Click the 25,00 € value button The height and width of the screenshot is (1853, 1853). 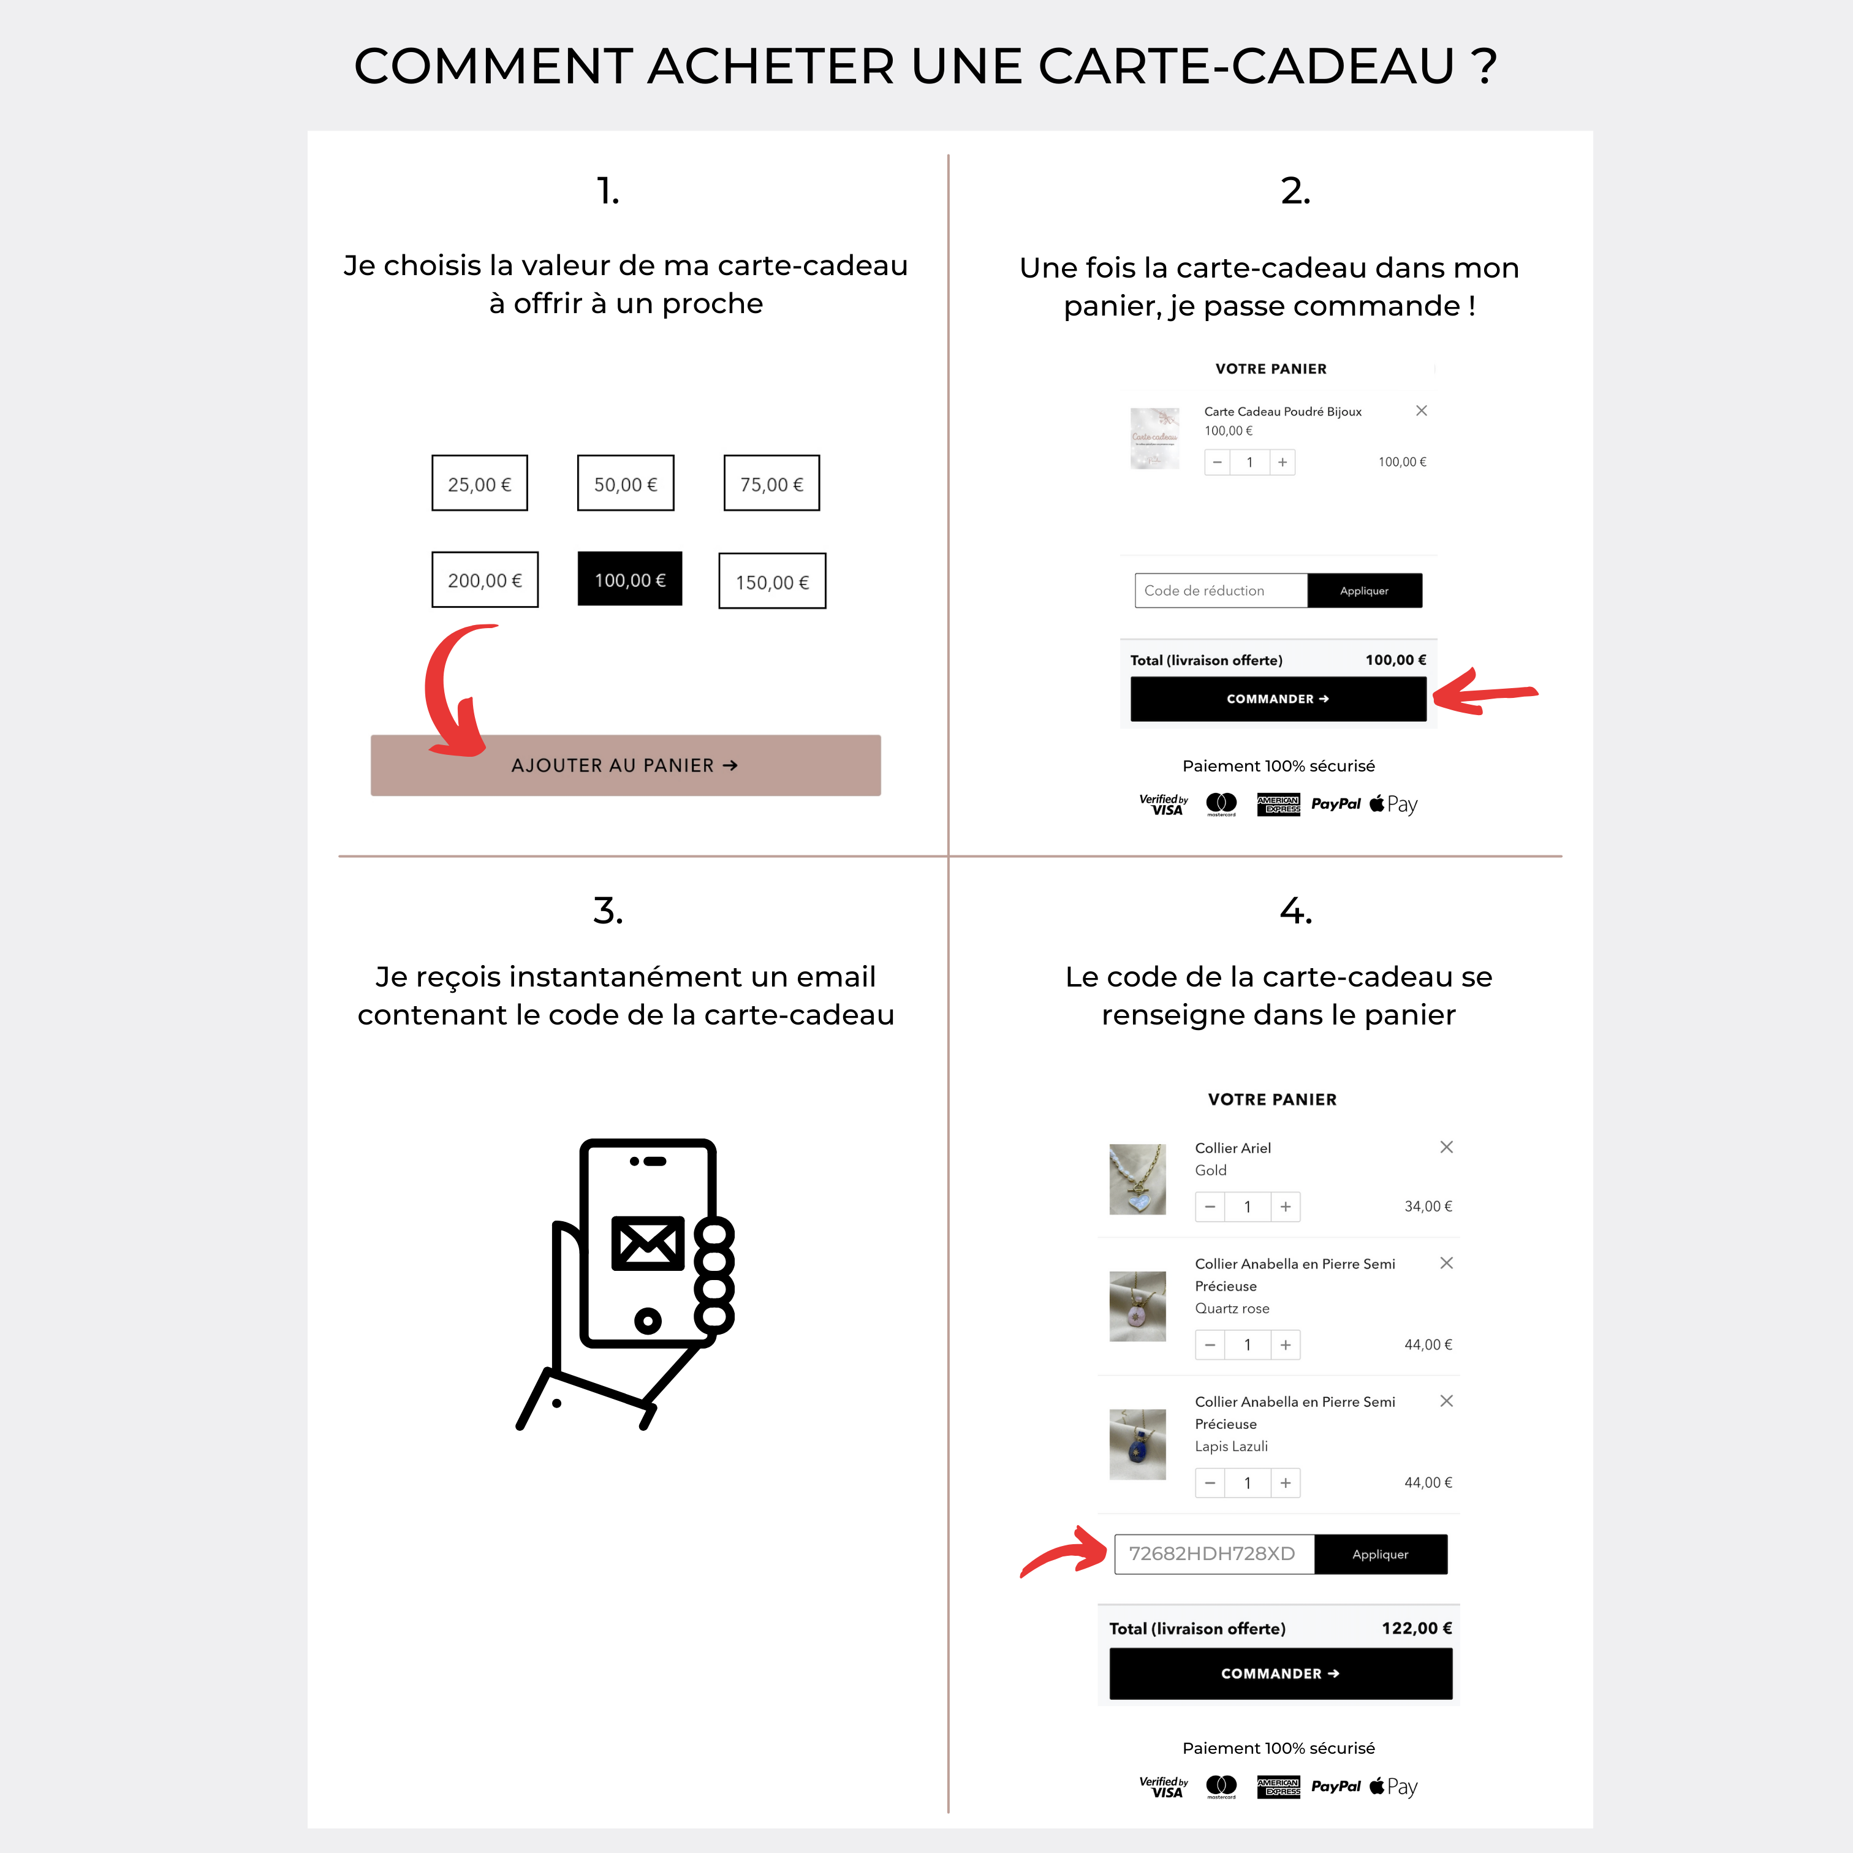point(480,483)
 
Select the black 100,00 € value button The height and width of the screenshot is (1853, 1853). point(629,579)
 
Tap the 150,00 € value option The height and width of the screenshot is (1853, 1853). point(772,582)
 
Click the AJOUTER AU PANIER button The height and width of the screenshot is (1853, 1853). point(626,765)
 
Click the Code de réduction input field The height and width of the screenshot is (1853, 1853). point(1220,591)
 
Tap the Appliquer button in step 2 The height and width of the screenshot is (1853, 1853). point(1364,591)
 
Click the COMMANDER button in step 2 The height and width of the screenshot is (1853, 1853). point(1278,699)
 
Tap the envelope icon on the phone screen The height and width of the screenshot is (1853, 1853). point(648,1243)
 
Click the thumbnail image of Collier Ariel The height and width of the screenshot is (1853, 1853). point(1137,1179)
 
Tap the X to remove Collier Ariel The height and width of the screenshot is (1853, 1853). point(1446,1147)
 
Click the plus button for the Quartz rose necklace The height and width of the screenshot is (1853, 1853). point(1285,1344)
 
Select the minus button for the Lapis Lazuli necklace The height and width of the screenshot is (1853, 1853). point(1210,1483)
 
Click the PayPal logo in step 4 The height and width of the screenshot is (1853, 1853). point(1335,1786)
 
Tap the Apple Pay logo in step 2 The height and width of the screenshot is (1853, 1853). point(1393,805)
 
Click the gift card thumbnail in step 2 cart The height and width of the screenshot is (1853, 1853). point(1155,438)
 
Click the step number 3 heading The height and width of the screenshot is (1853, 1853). point(608,910)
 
